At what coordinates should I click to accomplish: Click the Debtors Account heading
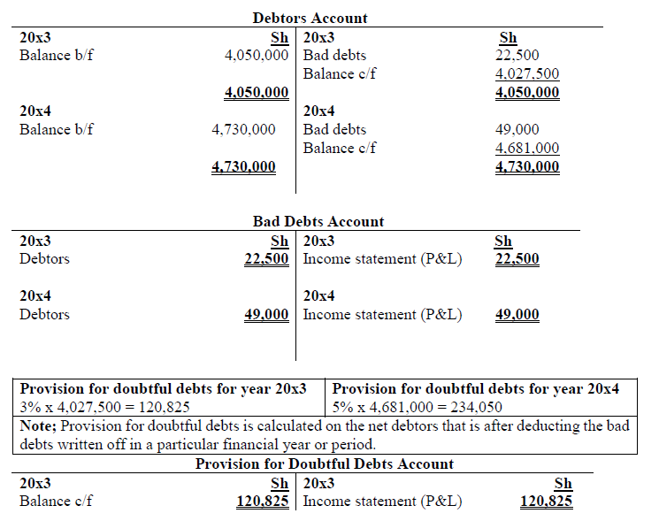[x=310, y=18]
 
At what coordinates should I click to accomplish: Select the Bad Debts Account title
[x=318, y=221]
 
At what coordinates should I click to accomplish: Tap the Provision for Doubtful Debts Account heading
[x=324, y=464]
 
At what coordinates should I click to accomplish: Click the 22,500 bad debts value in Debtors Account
[x=517, y=56]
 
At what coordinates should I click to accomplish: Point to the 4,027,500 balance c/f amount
[x=527, y=74]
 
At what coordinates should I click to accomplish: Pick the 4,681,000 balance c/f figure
[x=527, y=149]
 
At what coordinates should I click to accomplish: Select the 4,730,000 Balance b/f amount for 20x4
[x=243, y=130]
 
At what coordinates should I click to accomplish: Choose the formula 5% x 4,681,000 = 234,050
[x=417, y=407]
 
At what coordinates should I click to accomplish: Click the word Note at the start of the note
[x=37, y=425]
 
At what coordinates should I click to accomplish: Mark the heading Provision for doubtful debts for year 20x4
[x=475, y=388]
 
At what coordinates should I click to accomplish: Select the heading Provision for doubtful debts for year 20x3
[x=164, y=388]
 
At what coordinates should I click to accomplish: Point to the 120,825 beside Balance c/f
[x=262, y=502]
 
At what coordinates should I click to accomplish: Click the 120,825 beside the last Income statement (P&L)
[x=546, y=502]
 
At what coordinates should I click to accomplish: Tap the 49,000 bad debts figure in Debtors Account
[x=517, y=130]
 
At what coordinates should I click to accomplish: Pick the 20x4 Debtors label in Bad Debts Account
[x=44, y=315]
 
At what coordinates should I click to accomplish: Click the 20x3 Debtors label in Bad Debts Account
[x=44, y=259]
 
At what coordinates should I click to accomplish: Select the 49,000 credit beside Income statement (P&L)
[x=517, y=315]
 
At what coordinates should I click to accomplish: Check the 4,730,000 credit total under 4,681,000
[x=527, y=167]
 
